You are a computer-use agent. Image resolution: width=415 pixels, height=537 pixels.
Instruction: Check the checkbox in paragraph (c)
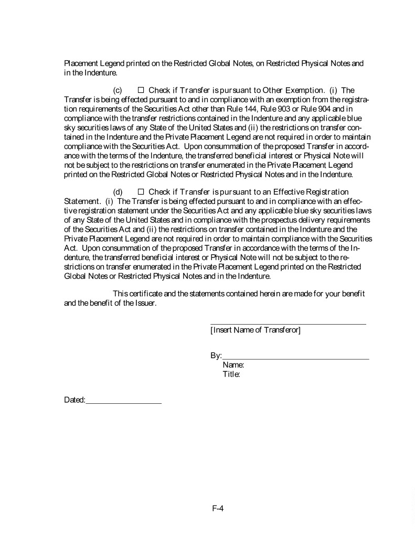[x=140, y=90]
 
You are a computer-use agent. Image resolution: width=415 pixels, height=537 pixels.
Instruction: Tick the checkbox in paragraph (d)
[x=140, y=192]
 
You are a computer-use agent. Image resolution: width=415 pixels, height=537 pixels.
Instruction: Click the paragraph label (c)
[x=118, y=90]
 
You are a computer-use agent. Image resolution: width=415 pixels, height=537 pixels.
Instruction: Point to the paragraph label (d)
[x=118, y=192]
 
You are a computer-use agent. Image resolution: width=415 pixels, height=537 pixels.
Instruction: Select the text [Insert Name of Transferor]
[x=255, y=330]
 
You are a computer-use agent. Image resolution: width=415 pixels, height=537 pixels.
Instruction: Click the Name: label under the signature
[x=233, y=366]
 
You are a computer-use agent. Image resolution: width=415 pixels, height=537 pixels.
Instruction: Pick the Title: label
[x=231, y=374]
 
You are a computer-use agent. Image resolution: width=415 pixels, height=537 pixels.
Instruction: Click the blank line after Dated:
[x=124, y=403]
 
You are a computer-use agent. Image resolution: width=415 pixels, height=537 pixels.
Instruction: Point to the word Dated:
[x=75, y=400]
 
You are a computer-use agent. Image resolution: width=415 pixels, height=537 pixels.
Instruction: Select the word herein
[x=269, y=294]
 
